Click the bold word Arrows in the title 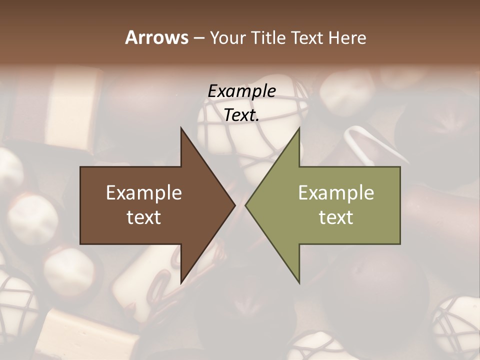pyautogui.click(x=156, y=37)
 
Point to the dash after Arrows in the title pyautogui.click(x=198, y=38)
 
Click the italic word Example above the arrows pyautogui.click(x=241, y=91)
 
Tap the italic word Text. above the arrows pyautogui.click(x=241, y=115)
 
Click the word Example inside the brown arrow pyautogui.click(x=144, y=193)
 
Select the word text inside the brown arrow pyautogui.click(x=144, y=217)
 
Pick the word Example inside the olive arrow pyautogui.click(x=336, y=193)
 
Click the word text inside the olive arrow pyautogui.click(x=336, y=217)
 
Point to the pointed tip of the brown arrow pyautogui.click(x=235, y=205)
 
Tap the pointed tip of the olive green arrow pyautogui.click(x=245, y=205)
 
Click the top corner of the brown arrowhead pyautogui.click(x=181, y=128)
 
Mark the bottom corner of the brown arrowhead pyautogui.click(x=181, y=283)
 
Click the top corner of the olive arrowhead pyautogui.click(x=299, y=128)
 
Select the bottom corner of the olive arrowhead pyautogui.click(x=299, y=283)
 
